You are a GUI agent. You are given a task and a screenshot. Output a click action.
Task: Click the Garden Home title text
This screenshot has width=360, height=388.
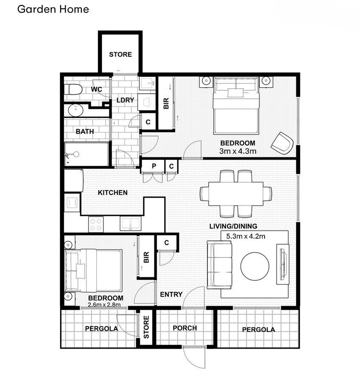coord(53,9)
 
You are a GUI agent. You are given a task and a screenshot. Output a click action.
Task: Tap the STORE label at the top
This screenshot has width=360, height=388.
coord(120,54)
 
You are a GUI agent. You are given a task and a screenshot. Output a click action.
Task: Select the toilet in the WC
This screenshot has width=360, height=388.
coord(73,89)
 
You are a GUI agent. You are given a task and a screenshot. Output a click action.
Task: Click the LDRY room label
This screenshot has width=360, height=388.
coord(125,100)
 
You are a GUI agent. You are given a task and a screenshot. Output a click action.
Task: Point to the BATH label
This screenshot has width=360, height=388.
coord(85,131)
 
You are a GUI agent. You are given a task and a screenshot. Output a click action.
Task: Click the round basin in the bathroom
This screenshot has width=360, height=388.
coord(76,111)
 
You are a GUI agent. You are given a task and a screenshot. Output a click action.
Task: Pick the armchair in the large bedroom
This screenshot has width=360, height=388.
coord(282,143)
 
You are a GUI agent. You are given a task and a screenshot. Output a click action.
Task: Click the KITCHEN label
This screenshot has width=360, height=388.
coord(113,193)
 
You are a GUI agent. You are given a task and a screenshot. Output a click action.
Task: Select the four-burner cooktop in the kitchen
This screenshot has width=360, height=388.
coord(96,223)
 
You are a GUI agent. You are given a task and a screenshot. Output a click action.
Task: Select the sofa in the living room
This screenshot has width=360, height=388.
coord(220,264)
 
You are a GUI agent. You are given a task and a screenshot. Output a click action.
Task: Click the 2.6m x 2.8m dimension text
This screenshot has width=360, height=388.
coord(104,304)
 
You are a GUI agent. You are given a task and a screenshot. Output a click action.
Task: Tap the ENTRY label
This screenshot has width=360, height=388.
coord(171,294)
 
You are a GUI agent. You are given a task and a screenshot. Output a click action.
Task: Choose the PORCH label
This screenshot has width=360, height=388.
coord(185,328)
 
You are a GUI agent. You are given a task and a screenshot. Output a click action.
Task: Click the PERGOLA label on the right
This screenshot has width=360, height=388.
coord(258,329)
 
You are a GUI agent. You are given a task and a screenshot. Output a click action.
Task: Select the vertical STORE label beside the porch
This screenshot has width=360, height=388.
coord(146,327)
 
